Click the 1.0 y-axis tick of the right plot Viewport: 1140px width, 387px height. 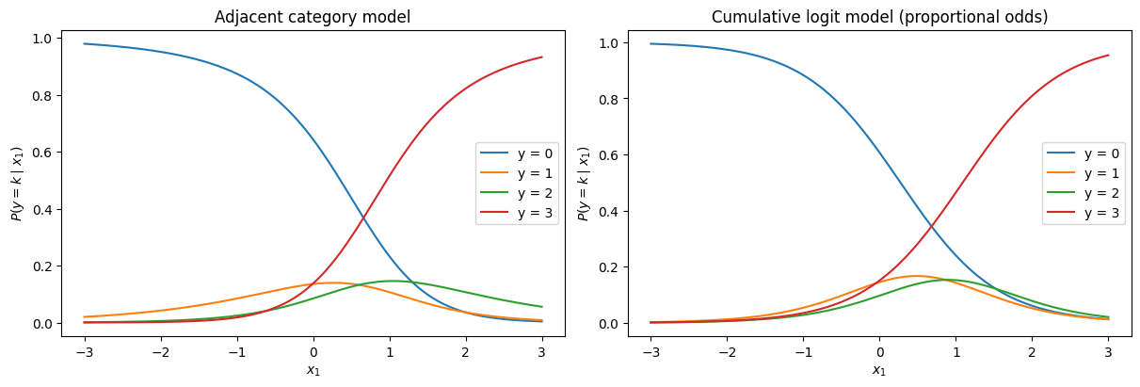tap(610, 43)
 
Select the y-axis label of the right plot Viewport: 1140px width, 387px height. tap(584, 184)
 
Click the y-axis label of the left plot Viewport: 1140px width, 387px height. tap(16, 184)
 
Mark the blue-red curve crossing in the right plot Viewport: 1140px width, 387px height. tap(930, 225)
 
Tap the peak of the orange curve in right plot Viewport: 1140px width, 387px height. tap(917, 276)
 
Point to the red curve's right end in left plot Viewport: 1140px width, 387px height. tap(542, 57)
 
